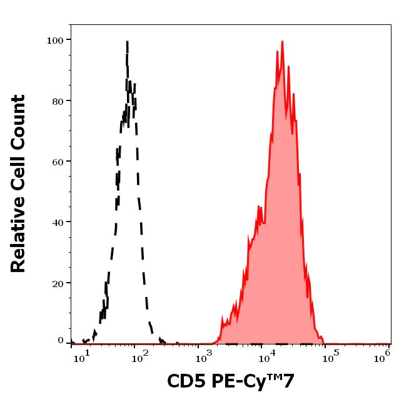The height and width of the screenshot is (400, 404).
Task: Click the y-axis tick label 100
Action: (x=55, y=41)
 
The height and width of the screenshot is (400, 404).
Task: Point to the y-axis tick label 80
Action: (x=58, y=101)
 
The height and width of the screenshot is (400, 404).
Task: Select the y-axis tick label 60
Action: (x=58, y=162)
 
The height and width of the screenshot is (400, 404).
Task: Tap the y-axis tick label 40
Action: (x=58, y=222)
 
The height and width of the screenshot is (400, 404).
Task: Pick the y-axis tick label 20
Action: (x=58, y=283)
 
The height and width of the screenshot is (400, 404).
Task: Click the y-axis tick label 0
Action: (x=61, y=341)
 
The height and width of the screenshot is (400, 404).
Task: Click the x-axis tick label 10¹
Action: (x=82, y=357)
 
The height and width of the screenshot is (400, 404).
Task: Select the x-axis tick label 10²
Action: (x=140, y=357)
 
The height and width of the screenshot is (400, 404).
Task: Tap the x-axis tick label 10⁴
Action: (x=267, y=357)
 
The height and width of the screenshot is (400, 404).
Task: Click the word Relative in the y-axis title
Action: (x=19, y=239)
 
